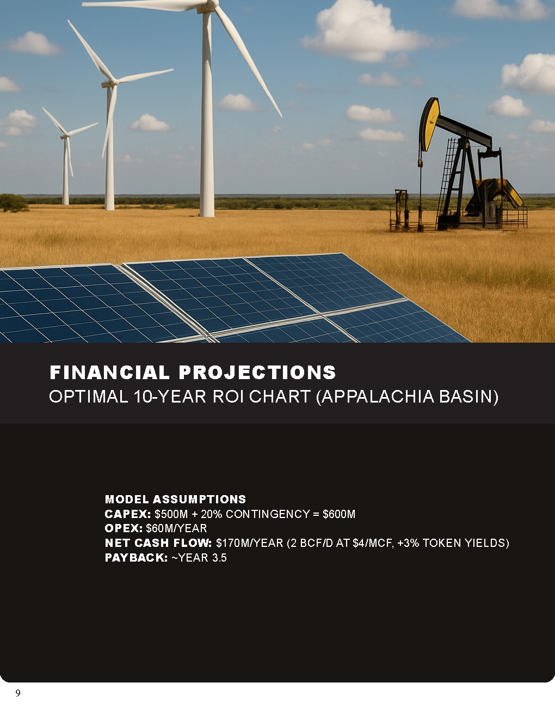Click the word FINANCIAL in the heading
click(109, 372)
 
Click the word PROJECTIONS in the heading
click(257, 372)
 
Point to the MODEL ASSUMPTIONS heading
click(176, 499)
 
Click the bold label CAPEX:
click(127, 514)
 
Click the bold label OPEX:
click(124, 528)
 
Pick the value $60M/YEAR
click(176, 528)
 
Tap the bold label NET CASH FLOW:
click(158, 543)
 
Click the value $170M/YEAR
click(250, 543)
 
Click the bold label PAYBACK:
click(136, 558)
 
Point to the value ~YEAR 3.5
click(199, 558)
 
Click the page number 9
click(18, 693)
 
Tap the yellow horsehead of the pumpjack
click(429, 124)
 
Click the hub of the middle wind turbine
click(110, 83)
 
